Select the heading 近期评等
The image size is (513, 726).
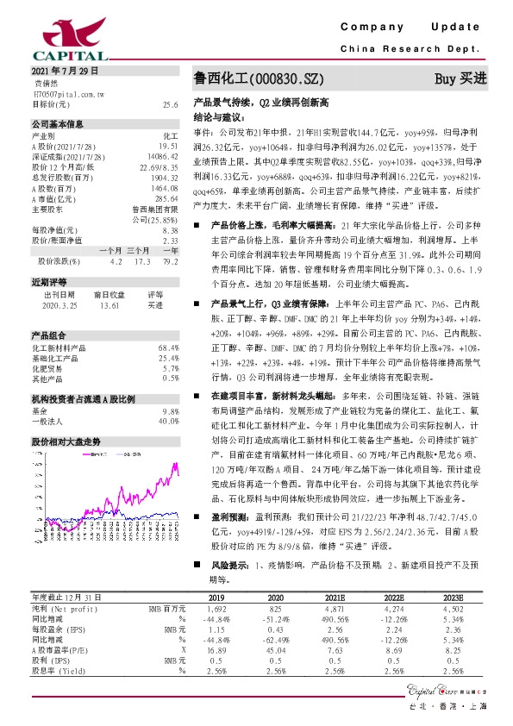[x=47, y=281]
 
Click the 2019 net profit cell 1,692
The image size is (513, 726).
[x=216, y=608]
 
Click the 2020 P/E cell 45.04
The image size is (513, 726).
[x=275, y=648]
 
